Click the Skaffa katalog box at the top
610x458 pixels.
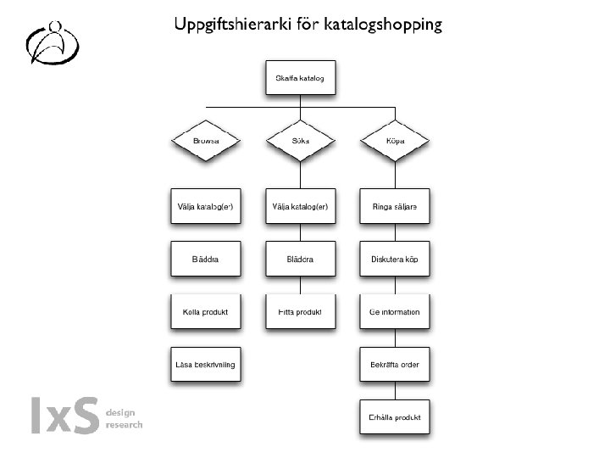[x=301, y=80]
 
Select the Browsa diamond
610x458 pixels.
[x=206, y=140]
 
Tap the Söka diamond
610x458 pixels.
[x=300, y=140]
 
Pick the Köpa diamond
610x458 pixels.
[x=395, y=140]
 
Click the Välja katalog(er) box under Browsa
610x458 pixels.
[x=206, y=206]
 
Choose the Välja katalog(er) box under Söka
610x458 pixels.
[x=300, y=206]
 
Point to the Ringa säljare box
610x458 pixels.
[x=395, y=206]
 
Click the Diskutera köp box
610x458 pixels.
[x=395, y=259]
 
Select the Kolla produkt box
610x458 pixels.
[x=206, y=312]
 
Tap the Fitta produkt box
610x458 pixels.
[x=300, y=312]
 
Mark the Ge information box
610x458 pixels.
[x=395, y=312]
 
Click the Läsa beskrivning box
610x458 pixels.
[x=206, y=365]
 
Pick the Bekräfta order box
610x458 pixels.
[x=395, y=365]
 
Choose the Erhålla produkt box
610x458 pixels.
[x=395, y=418]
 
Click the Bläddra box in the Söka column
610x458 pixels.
[x=300, y=259]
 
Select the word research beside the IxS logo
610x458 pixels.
[x=124, y=424]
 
